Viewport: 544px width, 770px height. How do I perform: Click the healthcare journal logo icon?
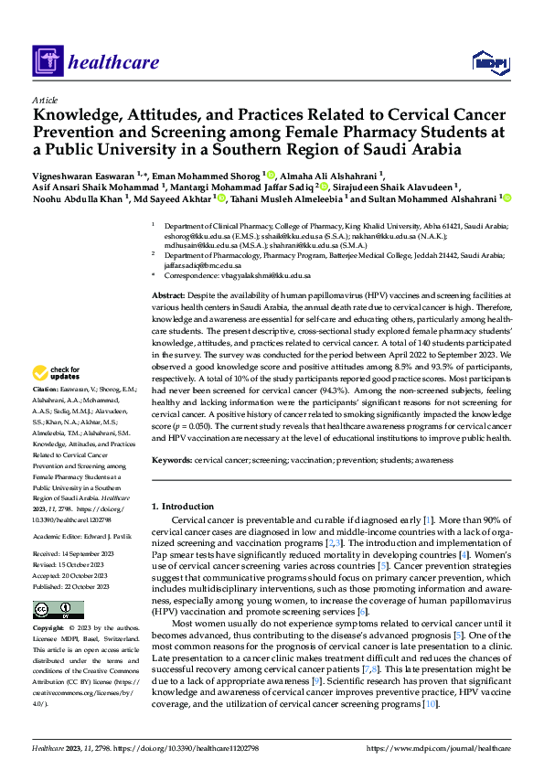coord(48,62)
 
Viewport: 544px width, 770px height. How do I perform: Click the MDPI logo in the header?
coord(489,62)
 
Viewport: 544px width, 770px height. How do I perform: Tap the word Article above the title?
coord(44,100)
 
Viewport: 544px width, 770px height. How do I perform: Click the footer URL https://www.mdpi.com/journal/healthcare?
coord(439,749)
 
